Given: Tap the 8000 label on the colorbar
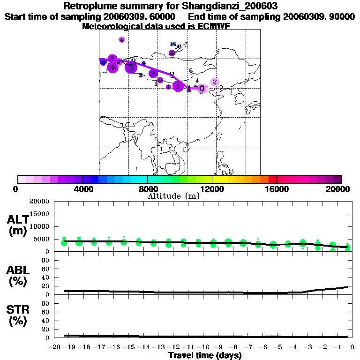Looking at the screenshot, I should [147, 189].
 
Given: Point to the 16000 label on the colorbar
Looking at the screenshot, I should [277, 189].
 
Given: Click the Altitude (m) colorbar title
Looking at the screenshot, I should [173, 196].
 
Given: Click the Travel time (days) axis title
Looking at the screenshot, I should [205, 356].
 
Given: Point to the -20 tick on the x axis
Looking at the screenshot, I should [56, 347].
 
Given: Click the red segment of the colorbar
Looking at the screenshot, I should [272, 179].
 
